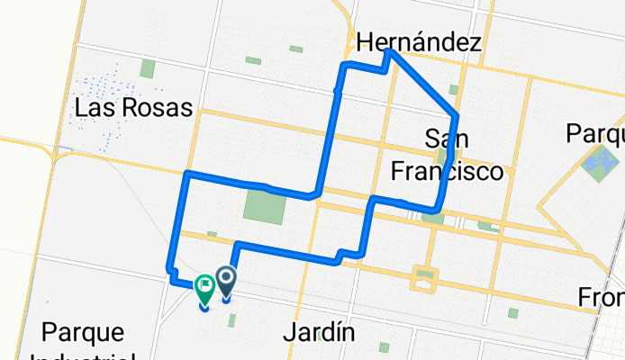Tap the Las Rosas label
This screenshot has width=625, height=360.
(x=134, y=108)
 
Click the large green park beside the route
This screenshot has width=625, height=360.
(x=265, y=209)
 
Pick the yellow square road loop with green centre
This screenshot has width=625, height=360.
(x=421, y=279)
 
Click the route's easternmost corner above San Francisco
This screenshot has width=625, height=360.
(x=457, y=115)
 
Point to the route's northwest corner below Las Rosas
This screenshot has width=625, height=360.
(x=186, y=173)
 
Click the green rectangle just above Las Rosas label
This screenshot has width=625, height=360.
(x=147, y=69)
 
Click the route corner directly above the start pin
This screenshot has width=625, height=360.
(x=236, y=245)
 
